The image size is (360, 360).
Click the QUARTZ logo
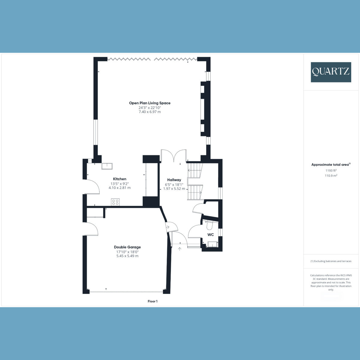tap(331, 72)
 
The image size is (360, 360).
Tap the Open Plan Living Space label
tap(150, 103)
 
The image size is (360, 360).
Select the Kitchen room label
tap(120, 179)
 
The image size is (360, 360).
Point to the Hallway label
tap(174, 180)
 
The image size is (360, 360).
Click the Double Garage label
tap(127, 247)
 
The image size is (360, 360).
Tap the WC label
tap(211, 235)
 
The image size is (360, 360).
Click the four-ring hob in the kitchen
tap(115, 202)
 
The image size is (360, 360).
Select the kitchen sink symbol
tap(107, 166)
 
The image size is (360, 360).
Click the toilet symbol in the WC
tap(210, 224)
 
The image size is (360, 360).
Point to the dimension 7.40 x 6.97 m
tap(150, 112)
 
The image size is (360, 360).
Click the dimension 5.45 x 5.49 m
tap(127, 256)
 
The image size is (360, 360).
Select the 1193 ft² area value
tap(331, 170)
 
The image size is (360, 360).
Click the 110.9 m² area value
tap(331, 176)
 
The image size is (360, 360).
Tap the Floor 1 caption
tap(152, 301)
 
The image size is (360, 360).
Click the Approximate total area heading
tap(330, 165)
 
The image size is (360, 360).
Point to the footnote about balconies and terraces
tap(331, 261)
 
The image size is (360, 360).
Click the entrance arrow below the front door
tap(180, 248)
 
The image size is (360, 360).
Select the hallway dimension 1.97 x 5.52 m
tap(174, 189)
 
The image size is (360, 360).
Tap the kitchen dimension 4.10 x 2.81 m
tap(120, 188)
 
